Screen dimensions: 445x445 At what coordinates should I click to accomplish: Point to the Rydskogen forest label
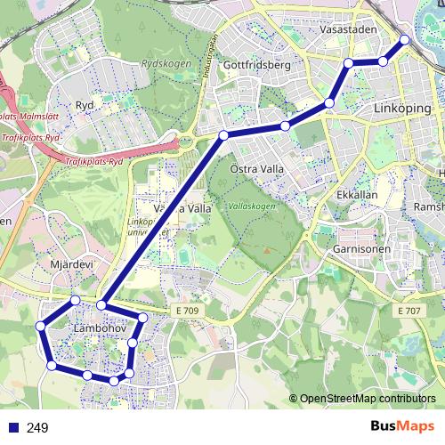(x=161, y=64)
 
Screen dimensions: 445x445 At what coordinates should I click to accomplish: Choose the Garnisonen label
(x=363, y=249)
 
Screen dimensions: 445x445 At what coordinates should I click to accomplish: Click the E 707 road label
(x=410, y=310)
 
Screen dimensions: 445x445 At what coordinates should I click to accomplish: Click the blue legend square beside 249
(x=11, y=428)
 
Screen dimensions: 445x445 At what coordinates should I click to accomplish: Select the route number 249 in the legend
(x=37, y=428)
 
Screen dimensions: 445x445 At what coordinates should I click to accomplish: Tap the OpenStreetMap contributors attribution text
(x=368, y=399)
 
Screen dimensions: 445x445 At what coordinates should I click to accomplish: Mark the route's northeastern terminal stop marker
(x=405, y=39)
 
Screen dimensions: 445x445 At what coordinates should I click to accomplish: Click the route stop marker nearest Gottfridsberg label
(x=285, y=126)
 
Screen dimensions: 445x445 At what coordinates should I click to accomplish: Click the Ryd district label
(x=85, y=104)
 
